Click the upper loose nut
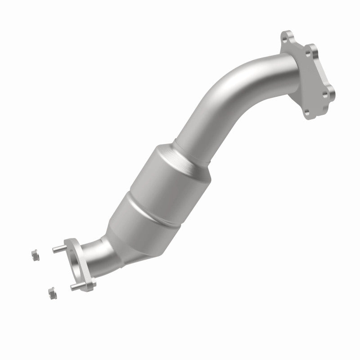click(33, 254)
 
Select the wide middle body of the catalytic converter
click(157, 189)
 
